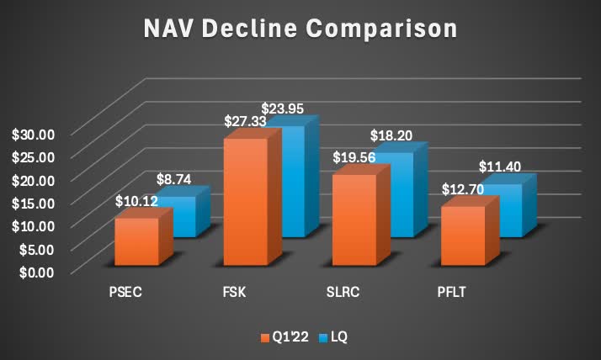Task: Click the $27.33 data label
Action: click(245, 122)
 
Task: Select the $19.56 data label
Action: click(354, 159)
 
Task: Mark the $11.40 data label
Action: click(500, 167)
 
